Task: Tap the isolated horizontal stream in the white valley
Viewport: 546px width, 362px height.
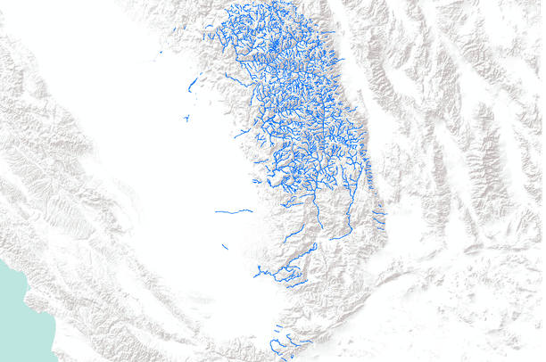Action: (234, 211)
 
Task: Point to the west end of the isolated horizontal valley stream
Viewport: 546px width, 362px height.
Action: (216, 212)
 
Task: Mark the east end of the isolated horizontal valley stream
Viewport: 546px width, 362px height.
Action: (252, 211)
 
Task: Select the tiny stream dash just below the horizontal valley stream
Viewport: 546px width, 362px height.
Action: (224, 246)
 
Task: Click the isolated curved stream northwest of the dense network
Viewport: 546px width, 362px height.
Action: (192, 85)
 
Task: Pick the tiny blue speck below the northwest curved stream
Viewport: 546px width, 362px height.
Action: (186, 118)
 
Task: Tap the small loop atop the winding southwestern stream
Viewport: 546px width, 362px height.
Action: (292, 266)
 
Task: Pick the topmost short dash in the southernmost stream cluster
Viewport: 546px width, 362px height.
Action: (277, 326)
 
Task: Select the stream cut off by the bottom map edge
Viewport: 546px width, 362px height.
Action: (291, 358)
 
